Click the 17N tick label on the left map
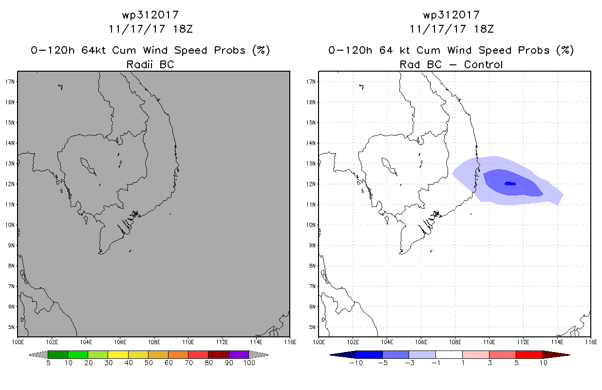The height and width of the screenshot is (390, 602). (x=10, y=81)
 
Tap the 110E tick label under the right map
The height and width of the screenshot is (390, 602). (x=489, y=342)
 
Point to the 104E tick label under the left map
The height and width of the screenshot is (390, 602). (x=86, y=342)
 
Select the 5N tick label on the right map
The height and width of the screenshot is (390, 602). (x=312, y=327)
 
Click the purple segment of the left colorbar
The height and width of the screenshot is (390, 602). (x=239, y=354)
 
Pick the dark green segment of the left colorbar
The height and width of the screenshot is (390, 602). (x=58, y=354)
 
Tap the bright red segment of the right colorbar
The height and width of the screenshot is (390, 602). (x=529, y=354)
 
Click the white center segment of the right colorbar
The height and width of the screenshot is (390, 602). (x=449, y=354)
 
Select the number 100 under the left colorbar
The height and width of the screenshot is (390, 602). (x=249, y=363)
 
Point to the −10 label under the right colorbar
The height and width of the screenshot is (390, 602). (x=356, y=363)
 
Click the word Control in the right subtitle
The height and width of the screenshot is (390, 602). (x=483, y=64)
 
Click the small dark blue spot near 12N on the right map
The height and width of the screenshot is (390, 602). (x=510, y=184)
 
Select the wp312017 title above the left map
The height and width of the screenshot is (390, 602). (x=150, y=15)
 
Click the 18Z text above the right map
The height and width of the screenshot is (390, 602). (x=484, y=29)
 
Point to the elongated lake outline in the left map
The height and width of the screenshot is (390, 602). (x=88, y=167)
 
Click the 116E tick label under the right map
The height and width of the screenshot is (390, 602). (x=591, y=342)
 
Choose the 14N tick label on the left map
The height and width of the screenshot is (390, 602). (x=10, y=143)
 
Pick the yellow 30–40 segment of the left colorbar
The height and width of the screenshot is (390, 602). (x=118, y=354)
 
